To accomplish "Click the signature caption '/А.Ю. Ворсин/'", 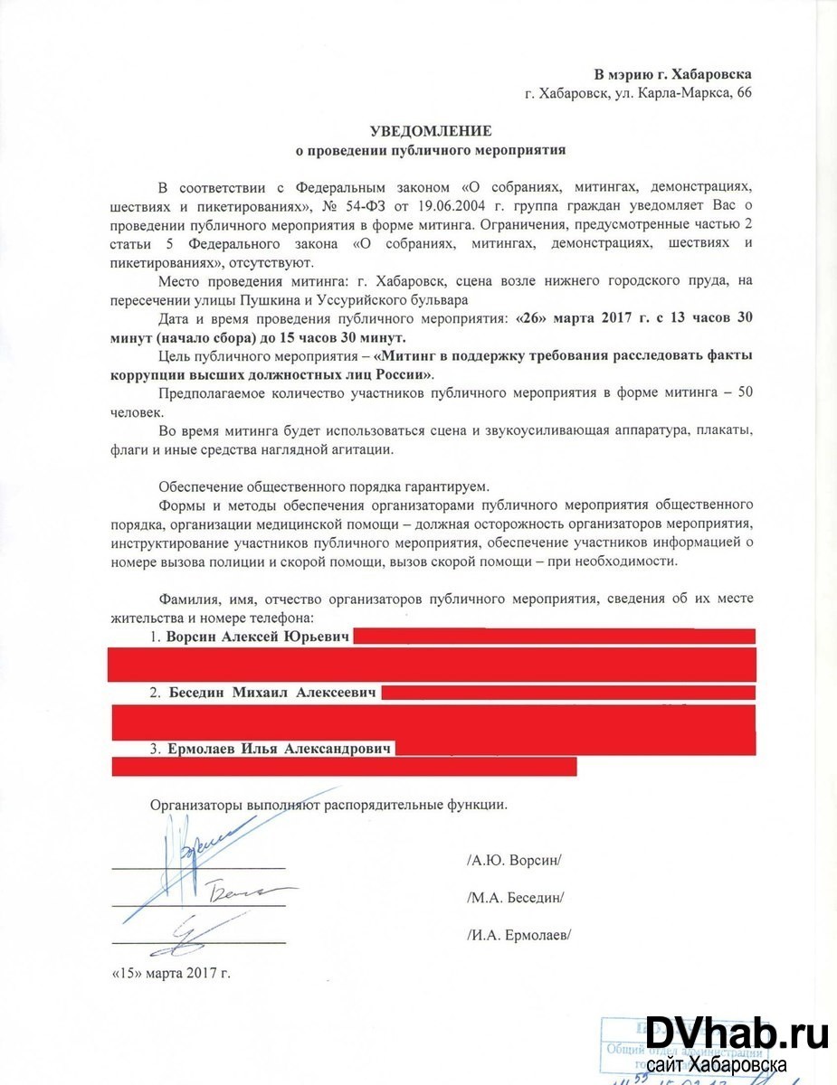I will [x=514, y=859].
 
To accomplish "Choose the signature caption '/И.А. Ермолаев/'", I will [x=519, y=935].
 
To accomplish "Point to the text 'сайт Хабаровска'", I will [x=715, y=1065].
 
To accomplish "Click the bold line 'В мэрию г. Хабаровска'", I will [x=672, y=74].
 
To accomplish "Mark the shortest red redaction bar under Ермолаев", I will [x=344, y=767].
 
